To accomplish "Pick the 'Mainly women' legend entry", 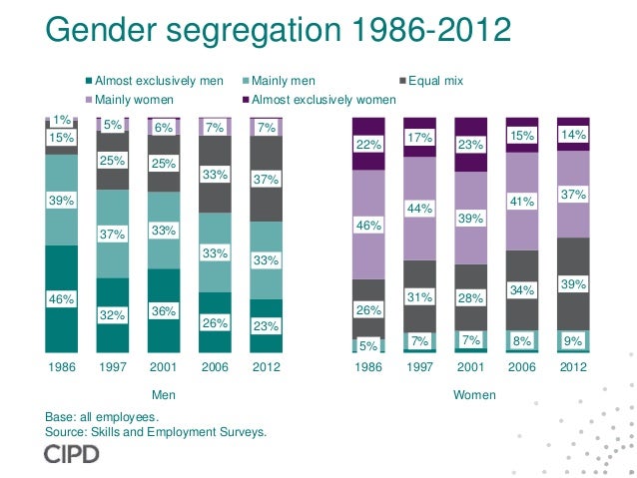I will coord(134,100).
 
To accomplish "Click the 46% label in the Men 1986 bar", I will coord(62,298).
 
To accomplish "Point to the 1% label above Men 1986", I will coord(62,120).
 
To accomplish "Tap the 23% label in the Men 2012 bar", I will coord(266,324).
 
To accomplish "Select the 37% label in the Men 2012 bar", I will coord(266,180).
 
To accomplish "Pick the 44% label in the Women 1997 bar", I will coord(420,208).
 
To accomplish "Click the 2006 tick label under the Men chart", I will coord(215,366).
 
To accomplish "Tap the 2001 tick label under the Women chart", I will coord(471,366).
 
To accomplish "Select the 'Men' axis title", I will coord(163,395).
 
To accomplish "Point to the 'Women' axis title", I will coord(474,395).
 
